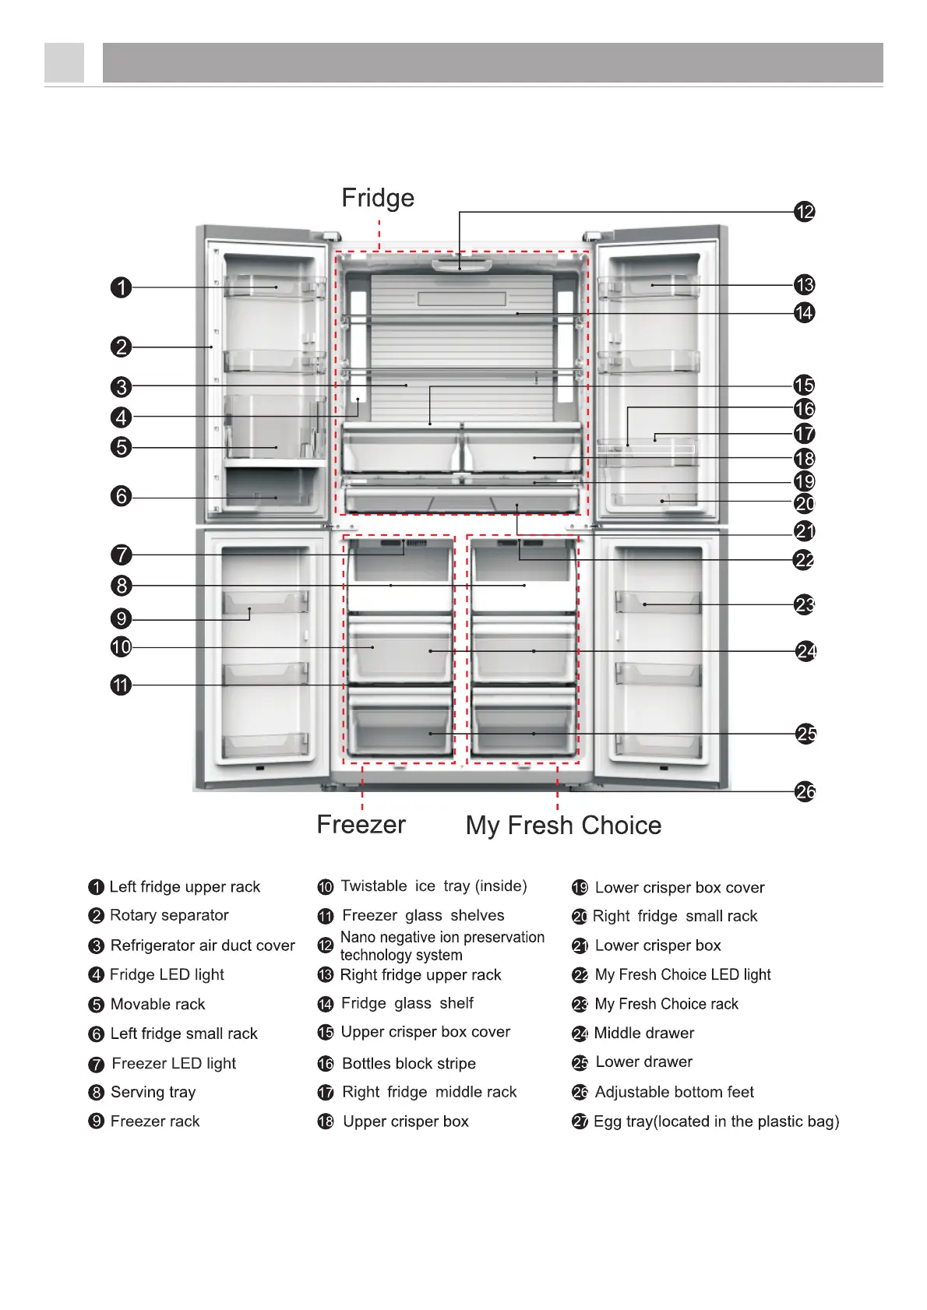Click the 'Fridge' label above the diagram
tap(378, 198)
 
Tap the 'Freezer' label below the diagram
tap(361, 824)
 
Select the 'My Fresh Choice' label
tap(563, 825)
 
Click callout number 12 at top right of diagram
tap(805, 211)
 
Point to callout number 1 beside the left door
tap(121, 287)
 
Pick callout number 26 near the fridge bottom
tap(805, 792)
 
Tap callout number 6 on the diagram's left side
tap(121, 496)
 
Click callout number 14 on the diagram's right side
tap(805, 313)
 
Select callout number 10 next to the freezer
tap(121, 646)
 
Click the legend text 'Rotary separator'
tap(169, 915)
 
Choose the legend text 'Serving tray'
tap(153, 1092)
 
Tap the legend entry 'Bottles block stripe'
tap(408, 1063)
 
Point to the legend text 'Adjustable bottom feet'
tap(674, 1092)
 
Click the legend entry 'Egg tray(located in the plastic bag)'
tap(716, 1122)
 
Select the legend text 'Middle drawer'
tap(643, 1033)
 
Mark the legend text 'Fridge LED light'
tap(167, 974)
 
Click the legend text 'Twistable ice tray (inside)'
tap(434, 886)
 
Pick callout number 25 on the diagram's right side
tap(806, 734)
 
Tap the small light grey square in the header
tap(64, 62)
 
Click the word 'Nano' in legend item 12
tap(357, 938)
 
